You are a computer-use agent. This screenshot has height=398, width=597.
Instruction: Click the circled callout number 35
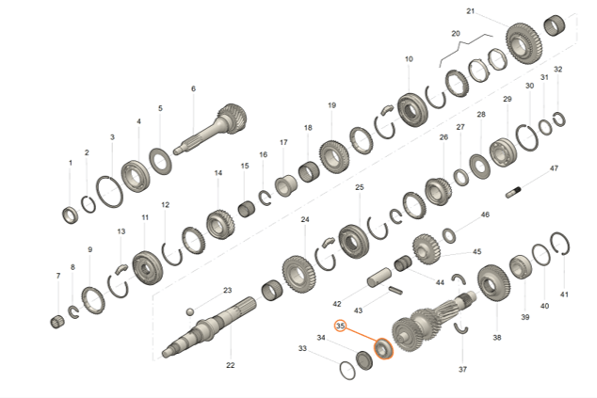341,326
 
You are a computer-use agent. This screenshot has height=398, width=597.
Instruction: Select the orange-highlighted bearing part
383,350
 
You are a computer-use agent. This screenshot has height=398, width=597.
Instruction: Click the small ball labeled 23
189,310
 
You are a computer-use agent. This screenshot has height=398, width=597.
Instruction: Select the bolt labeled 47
517,194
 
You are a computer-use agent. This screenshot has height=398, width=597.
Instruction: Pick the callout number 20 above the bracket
456,33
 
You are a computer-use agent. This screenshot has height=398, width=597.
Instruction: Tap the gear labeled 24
298,274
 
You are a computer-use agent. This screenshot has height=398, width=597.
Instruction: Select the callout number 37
462,370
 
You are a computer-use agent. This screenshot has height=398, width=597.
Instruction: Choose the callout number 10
409,59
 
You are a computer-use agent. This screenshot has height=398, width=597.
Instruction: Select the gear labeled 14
219,224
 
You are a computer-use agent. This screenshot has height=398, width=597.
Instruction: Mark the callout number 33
302,349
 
